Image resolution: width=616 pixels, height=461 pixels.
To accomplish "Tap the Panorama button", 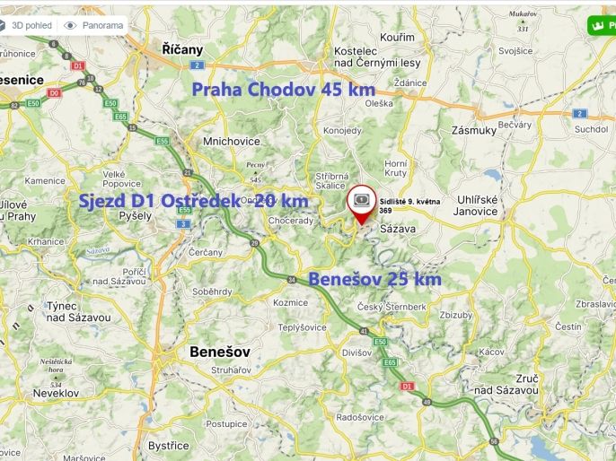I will (x=95, y=25).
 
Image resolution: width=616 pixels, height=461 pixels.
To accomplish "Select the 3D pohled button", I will (x=28, y=25).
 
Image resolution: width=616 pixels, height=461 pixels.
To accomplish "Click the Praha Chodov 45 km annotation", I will (x=283, y=90).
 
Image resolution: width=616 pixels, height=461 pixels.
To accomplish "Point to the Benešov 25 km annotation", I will (x=374, y=280).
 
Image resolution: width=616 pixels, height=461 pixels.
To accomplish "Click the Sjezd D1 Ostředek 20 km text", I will (x=193, y=200).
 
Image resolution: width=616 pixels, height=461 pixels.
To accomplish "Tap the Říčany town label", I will (x=183, y=49).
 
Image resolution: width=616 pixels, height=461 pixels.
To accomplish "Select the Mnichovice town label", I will (x=232, y=141).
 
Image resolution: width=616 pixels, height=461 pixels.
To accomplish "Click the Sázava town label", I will (x=401, y=230).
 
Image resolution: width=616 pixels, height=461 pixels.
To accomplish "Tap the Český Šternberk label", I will (x=392, y=307).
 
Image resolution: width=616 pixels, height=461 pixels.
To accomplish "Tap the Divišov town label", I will (x=356, y=352).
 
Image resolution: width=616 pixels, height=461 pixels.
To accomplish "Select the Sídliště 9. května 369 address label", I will (x=409, y=205).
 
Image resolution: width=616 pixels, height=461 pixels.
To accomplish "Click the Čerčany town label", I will (x=206, y=253).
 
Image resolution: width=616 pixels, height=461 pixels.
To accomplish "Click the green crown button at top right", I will (x=599, y=25).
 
